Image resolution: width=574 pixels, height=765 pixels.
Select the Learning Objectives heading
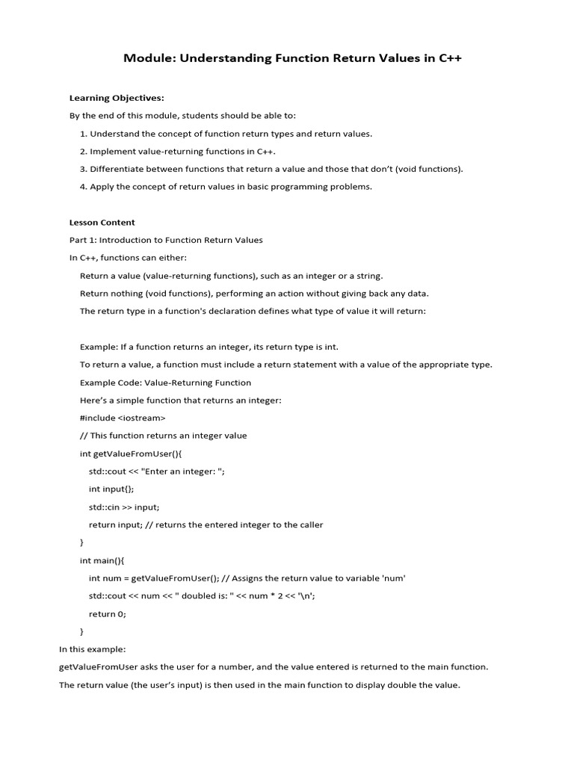[117, 98]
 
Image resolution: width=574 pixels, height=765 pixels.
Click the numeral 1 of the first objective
[82, 134]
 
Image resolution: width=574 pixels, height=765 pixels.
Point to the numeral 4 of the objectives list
[82, 187]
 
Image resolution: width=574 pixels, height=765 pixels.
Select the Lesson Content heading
[102, 223]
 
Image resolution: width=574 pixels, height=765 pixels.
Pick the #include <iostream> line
[123, 418]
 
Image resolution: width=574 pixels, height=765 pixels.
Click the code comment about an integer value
[163, 436]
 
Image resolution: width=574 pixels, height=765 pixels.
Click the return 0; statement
[108, 614]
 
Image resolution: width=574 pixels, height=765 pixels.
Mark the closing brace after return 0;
[82, 632]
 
